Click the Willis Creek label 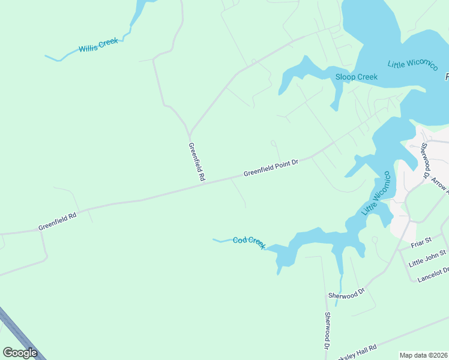(x=98, y=46)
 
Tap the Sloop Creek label (x=357, y=77)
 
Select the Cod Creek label (x=249, y=242)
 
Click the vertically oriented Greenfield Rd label (x=197, y=162)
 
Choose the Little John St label (x=428, y=259)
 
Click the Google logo (x=20, y=353)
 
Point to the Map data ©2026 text (x=423, y=355)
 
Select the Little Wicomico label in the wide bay (x=412, y=64)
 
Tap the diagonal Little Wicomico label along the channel (x=376, y=194)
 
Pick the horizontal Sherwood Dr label (x=346, y=295)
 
